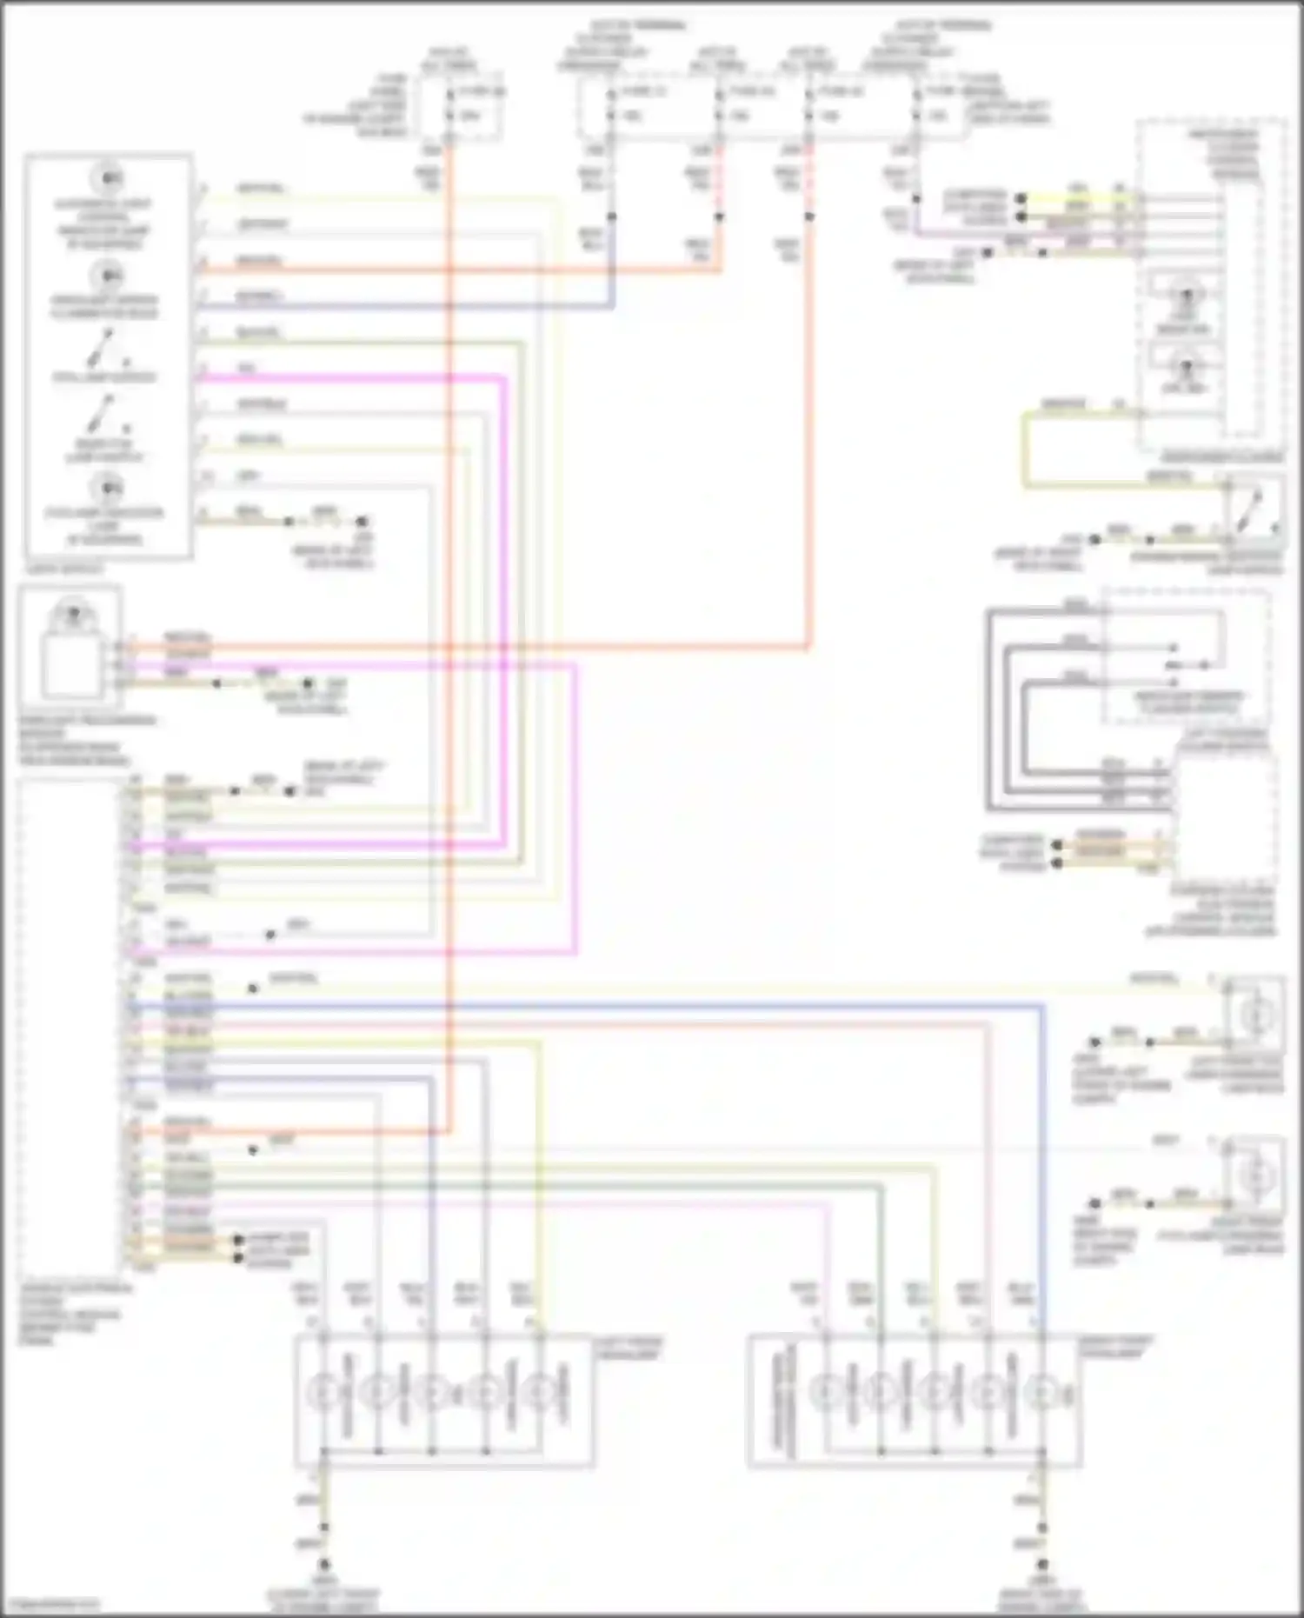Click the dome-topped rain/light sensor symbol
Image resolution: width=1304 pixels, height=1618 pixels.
(x=73, y=616)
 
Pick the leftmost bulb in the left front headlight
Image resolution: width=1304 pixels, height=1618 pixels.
(x=323, y=1394)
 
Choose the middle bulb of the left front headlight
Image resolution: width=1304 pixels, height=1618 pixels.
(x=431, y=1394)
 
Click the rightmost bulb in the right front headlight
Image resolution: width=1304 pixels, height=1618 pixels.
(x=1042, y=1394)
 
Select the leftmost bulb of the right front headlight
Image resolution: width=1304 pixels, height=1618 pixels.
(x=827, y=1394)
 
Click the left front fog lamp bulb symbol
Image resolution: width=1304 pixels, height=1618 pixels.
(x=1254, y=1013)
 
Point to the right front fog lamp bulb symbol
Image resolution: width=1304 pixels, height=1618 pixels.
(x=1254, y=1175)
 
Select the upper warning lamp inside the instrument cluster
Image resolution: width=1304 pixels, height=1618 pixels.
(x=1183, y=293)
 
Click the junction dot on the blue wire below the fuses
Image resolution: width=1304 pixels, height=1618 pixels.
(x=612, y=216)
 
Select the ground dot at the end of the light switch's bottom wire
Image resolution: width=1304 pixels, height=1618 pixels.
(x=363, y=522)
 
